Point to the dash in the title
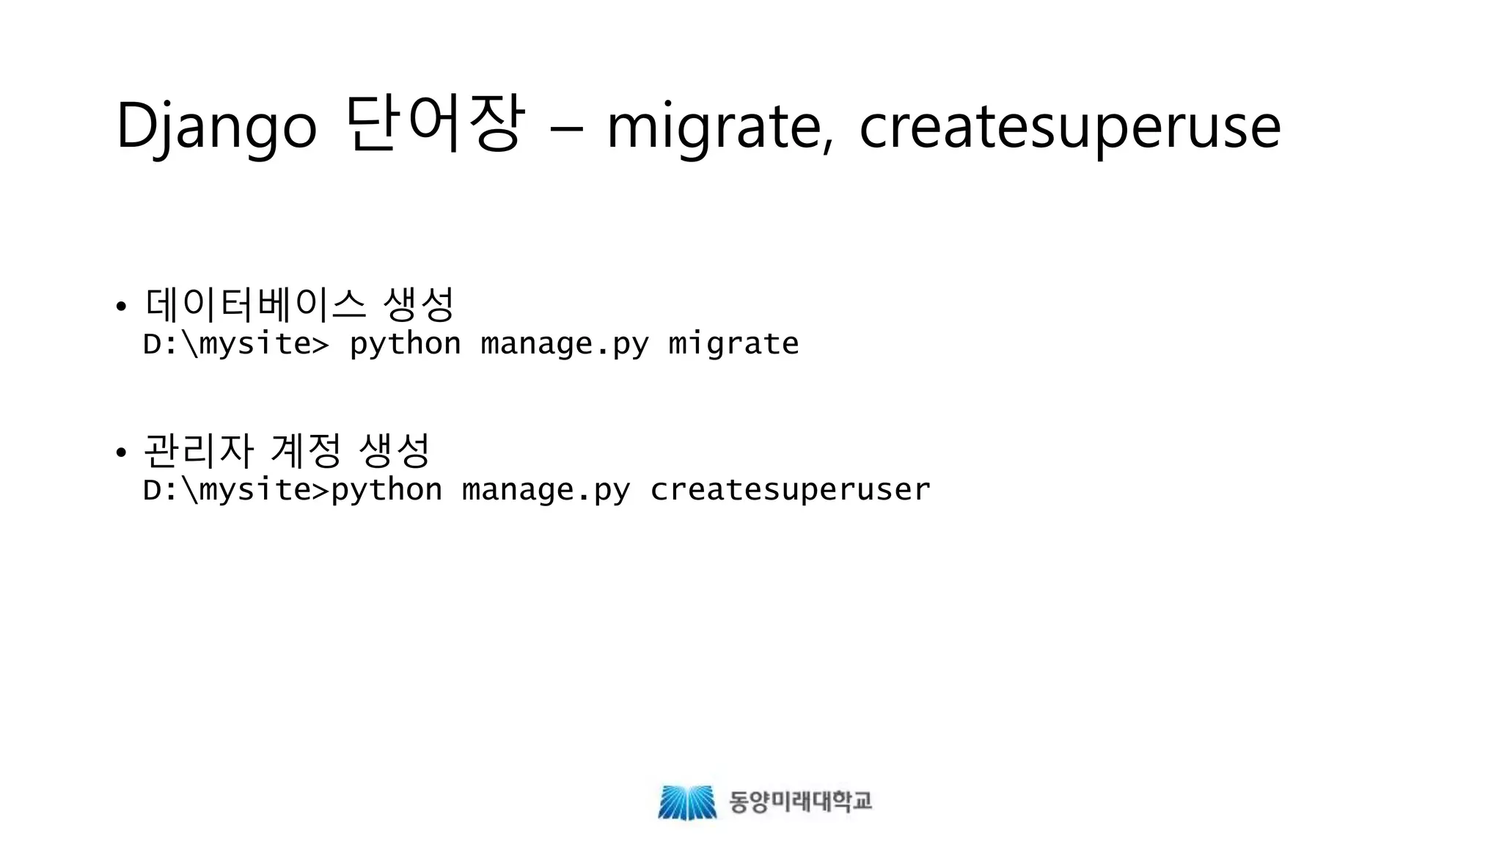tap(566, 129)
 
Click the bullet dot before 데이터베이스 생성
tap(122, 306)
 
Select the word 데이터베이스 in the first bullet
tap(255, 304)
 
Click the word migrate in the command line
tap(733, 343)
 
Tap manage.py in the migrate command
tap(564, 343)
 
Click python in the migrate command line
tap(405, 343)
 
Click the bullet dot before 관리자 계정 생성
tap(122, 452)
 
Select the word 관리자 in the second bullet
tap(198, 450)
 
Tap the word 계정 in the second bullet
tap(305, 450)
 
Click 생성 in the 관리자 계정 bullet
tap(394, 450)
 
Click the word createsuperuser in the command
tap(790, 489)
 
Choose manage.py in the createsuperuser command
tap(546, 489)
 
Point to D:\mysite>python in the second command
tap(293, 489)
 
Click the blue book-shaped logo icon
tap(687, 802)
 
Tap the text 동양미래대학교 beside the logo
tap(800, 801)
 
